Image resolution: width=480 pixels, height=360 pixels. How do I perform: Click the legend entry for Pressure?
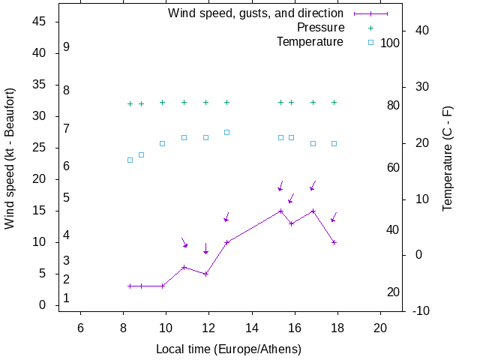click(x=320, y=28)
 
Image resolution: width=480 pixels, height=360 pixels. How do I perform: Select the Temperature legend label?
click(x=310, y=41)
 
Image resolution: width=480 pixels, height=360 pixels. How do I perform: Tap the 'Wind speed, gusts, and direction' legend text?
click(x=256, y=13)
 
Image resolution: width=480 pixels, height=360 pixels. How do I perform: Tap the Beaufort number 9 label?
click(x=67, y=46)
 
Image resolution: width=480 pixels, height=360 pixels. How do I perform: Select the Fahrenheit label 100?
click(x=390, y=43)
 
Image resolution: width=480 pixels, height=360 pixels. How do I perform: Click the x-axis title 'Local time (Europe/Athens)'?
click(x=229, y=349)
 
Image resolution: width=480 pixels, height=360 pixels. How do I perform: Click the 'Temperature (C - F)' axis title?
click(x=448, y=158)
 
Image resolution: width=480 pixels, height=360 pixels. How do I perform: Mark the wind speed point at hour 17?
click(x=313, y=211)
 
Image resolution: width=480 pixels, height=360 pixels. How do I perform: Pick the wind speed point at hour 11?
click(x=184, y=267)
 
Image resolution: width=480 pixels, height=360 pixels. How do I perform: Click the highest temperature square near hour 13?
click(x=226, y=132)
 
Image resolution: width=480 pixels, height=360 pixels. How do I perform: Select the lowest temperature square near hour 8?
click(x=130, y=160)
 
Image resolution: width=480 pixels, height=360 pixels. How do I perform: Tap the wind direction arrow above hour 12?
click(x=205, y=249)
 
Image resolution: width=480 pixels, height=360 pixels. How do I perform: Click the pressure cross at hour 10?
click(x=162, y=102)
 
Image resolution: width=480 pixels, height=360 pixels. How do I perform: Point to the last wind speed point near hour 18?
click(x=334, y=242)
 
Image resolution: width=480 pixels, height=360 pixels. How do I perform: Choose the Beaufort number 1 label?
click(x=67, y=298)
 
